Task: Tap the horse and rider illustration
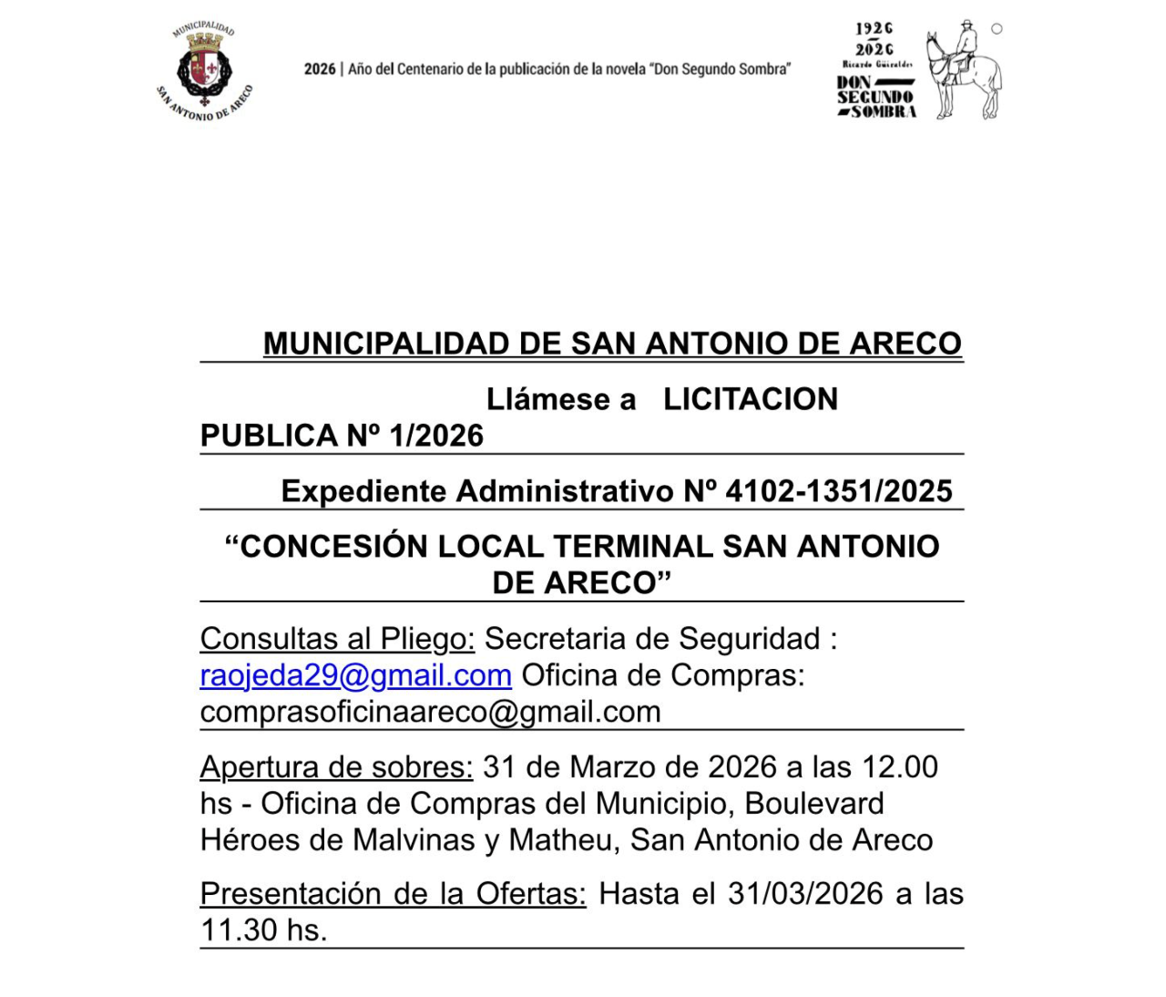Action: pos(964,69)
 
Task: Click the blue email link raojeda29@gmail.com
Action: pos(355,675)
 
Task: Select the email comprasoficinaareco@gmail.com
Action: pos(430,712)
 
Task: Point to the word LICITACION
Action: pos(750,399)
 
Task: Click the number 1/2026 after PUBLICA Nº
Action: pos(436,436)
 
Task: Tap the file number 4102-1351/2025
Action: pos(839,491)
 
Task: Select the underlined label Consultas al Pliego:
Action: pos(337,639)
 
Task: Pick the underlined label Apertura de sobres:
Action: pos(336,767)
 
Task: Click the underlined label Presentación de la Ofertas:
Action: pos(393,893)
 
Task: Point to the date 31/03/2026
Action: pos(805,893)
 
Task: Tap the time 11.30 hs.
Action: pos(263,930)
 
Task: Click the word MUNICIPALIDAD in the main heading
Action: pos(386,344)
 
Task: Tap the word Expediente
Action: pos(363,491)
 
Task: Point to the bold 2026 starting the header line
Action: pos(320,69)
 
